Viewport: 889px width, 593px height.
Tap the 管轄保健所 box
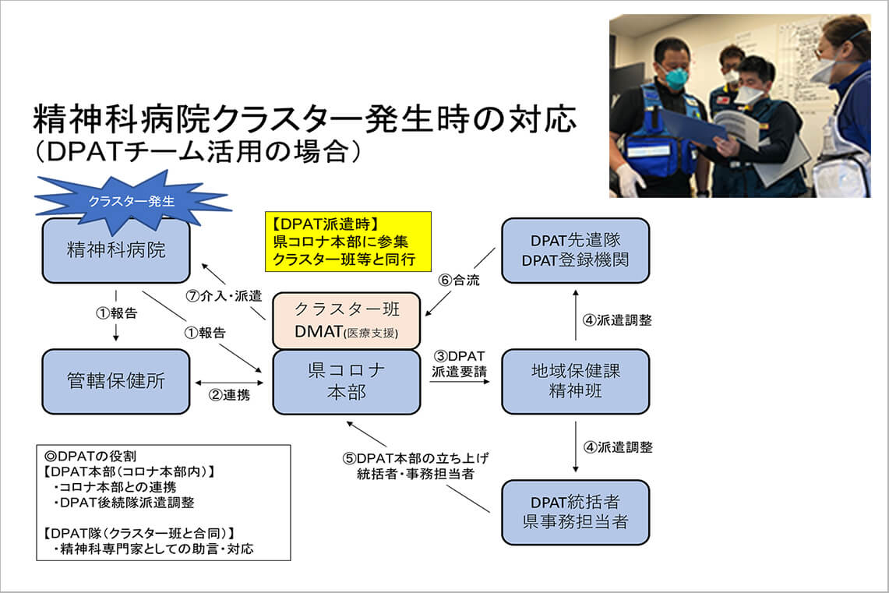[x=115, y=381]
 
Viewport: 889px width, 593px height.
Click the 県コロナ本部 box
[x=346, y=381]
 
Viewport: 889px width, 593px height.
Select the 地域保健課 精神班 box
[x=575, y=381]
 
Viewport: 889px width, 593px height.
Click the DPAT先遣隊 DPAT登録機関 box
[x=575, y=250]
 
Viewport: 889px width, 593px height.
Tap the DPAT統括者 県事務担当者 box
[x=575, y=512]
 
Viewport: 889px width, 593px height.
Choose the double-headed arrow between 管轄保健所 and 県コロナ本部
[x=231, y=382]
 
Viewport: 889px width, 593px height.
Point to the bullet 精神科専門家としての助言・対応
[x=153, y=549]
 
